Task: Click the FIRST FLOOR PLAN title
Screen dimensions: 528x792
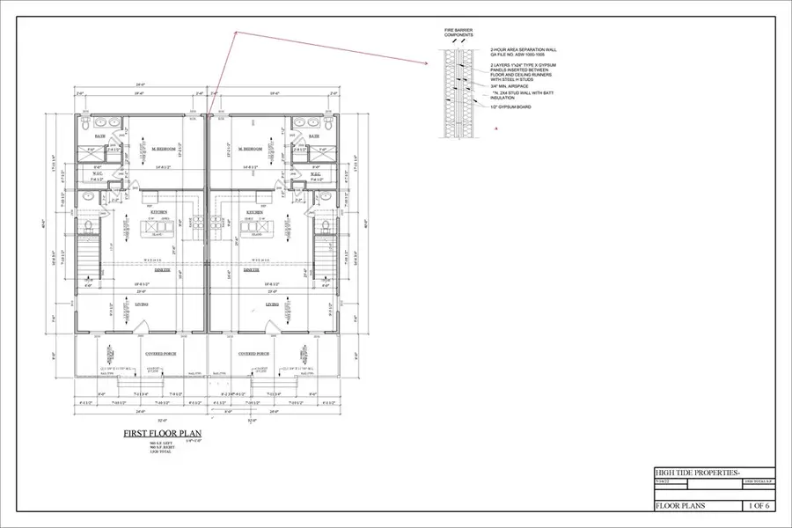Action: point(164,434)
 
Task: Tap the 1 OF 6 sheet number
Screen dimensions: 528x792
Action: point(756,505)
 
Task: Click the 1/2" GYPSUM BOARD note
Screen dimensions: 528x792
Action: point(512,106)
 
